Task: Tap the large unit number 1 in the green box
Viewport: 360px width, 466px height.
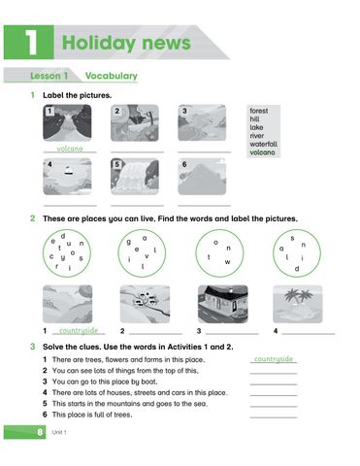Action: pyautogui.click(x=27, y=41)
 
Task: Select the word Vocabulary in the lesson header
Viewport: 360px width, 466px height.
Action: pyautogui.click(x=111, y=76)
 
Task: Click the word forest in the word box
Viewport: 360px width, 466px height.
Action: pyautogui.click(x=260, y=112)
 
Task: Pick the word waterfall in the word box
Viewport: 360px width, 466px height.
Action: pyautogui.click(x=263, y=144)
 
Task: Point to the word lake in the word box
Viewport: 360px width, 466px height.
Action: pyautogui.click(x=257, y=127)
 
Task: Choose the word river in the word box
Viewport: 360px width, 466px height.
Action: pyautogui.click(x=257, y=136)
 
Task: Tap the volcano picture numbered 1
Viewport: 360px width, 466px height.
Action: pyautogui.click(x=67, y=123)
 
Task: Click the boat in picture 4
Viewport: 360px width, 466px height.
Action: pyautogui.click(x=67, y=172)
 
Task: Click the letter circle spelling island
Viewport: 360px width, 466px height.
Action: pyautogui.click(x=296, y=255)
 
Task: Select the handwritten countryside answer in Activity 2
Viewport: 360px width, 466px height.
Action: pyautogui.click(x=77, y=330)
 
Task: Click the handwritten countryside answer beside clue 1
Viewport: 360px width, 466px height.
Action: pyautogui.click(x=272, y=359)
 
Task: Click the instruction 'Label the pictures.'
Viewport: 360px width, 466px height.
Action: pyautogui.click(x=77, y=95)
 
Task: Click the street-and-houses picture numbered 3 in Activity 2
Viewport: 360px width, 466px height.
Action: pyautogui.click(x=222, y=304)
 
